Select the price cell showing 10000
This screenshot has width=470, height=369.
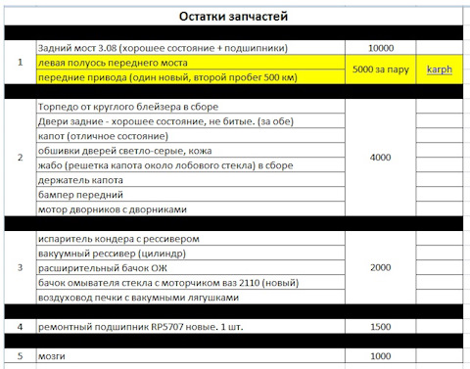tap(382, 48)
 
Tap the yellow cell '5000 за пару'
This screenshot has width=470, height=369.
tap(382, 70)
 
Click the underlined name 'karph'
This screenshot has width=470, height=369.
tap(439, 70)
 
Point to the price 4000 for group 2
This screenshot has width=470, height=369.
tap(382, 158)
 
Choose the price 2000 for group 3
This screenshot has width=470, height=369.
tap(382, 267)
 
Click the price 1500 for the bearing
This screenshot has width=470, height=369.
tap(382, 326)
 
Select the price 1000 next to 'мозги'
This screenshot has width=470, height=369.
tap(382, 355)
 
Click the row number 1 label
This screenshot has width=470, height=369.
tap(20, 64)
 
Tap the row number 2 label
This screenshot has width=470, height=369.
tap(20, 158)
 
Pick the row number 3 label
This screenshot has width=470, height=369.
tap(20, 267)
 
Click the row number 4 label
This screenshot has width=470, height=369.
tap(20, 326)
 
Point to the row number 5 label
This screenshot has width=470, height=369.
tap(20, 355)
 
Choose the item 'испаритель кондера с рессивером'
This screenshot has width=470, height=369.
tap(117, 238)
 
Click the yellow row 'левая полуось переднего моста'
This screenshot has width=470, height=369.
tap(117, 63)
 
